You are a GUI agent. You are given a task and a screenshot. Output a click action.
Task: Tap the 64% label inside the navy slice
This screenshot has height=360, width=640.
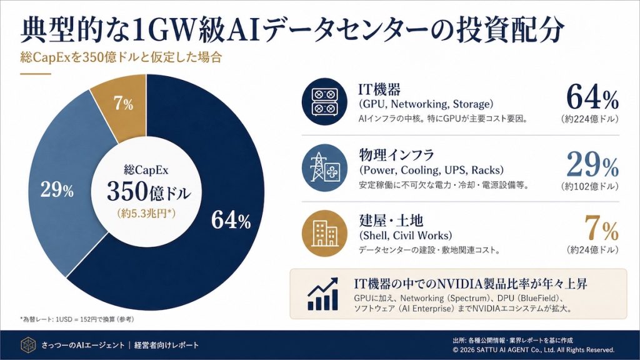[x=231, y=220]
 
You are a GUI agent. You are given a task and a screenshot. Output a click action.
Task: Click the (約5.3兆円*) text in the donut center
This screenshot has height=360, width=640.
[x=148, y=213]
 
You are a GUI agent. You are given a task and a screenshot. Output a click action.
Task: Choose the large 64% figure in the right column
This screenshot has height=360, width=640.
[x=592, y=97]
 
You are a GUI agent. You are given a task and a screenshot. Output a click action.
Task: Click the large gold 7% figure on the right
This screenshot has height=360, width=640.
[x=601, y=229]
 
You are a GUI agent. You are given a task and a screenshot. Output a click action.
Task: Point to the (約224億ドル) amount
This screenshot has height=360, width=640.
[x=589, y=119]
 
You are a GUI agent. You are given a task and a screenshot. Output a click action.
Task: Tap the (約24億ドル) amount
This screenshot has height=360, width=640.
[x=592, y=250]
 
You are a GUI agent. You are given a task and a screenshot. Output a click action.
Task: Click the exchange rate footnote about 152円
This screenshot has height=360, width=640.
[x=77, y=319]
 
